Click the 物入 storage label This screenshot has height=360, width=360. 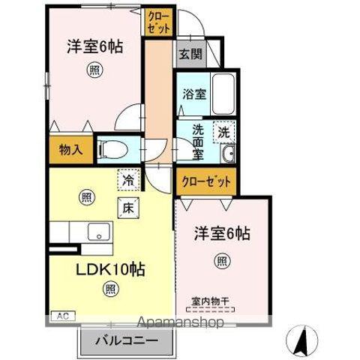point(70,148)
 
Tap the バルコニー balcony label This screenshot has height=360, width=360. point(126,341)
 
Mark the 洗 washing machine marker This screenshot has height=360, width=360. point(223,132)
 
